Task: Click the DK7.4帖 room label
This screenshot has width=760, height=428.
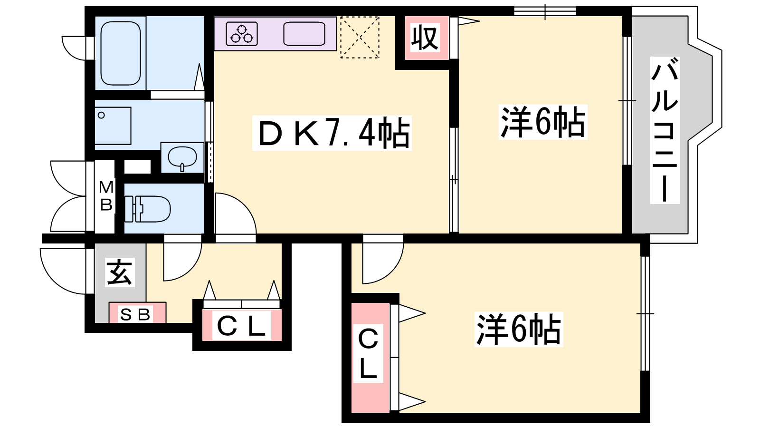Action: click(x=332, y=133)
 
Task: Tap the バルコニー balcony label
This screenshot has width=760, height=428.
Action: click(x=665, y=130)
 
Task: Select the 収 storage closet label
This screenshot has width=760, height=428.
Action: click(x=425, y=38)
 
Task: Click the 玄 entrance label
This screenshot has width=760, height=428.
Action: click(x=120, y=272)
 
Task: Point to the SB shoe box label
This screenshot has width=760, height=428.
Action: click(x=135, y=315)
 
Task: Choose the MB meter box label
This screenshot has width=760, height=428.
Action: click(x=106, y=196)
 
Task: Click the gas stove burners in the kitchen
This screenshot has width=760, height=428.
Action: click(x=242, y=34)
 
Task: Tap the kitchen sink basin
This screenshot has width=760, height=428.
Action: click(x=304, y=34)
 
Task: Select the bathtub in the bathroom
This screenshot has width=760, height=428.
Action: click(x=121, y=53)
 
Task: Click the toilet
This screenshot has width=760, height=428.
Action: click(x=148, y=209)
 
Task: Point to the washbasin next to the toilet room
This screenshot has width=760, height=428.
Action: click(x=182, y=157)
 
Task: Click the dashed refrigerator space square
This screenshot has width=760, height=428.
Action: click(x=360, y=37)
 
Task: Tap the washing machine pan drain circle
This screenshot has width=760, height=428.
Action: click(x=101, y=115)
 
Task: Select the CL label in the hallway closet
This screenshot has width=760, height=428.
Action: click(x=241, y=325)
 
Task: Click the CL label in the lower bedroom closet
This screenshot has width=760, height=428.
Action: click(x=368, y=353)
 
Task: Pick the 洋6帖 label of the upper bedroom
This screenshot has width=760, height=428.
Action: click(x=543, y=122)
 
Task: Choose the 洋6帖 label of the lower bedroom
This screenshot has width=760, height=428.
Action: click(x=518, y=329)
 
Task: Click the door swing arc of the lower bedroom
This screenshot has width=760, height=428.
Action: click(x=390, y=270)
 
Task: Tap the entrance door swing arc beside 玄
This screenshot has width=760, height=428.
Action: click(x=54, y=279)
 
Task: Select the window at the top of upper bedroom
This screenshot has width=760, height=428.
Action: click(x=545, y=11)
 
